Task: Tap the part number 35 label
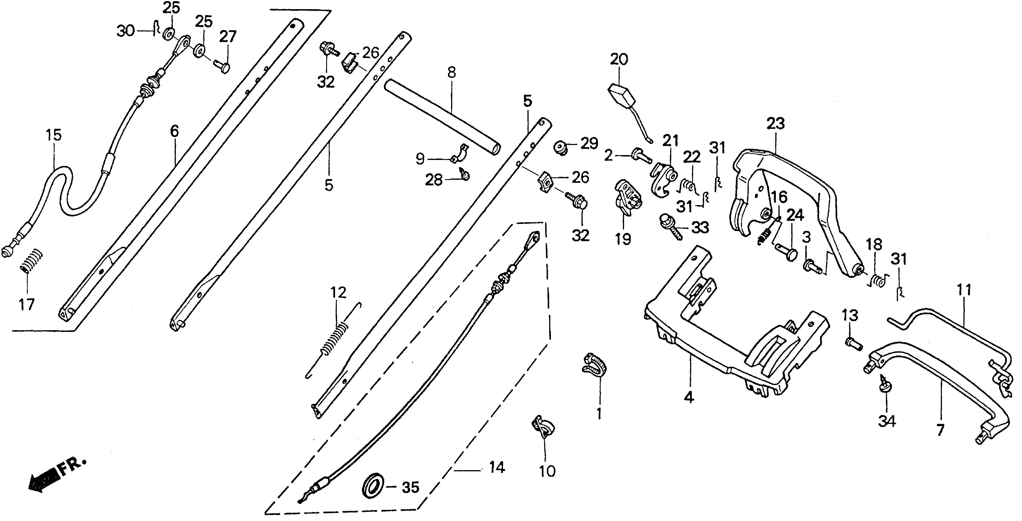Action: [410, 488]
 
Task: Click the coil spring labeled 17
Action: [31, 261]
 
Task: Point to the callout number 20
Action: [619, 60]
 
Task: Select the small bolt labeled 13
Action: [853, 342]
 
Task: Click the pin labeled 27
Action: [223, 66]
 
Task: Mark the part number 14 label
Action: [497, 468]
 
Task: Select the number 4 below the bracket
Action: [690, 398]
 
